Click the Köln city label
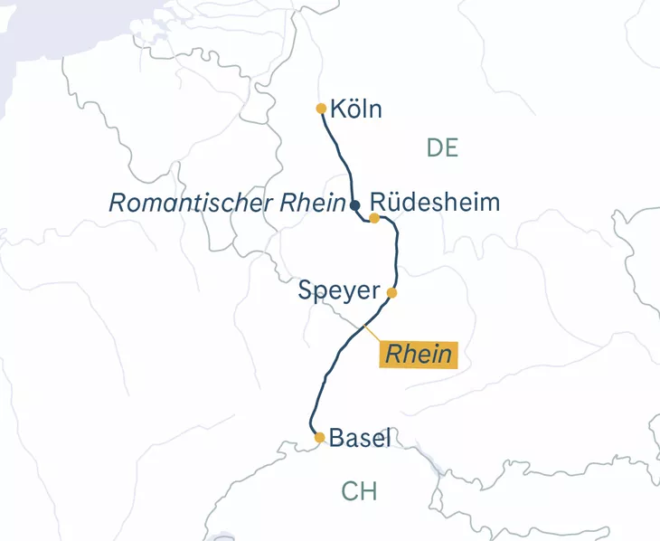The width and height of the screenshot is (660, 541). coord(356,110)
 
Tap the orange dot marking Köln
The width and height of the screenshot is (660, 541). coord(321,109)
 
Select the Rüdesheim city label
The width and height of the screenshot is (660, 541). coord(435,202)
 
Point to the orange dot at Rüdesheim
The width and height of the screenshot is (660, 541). coord(374,218)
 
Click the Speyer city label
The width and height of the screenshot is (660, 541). coord(338,291)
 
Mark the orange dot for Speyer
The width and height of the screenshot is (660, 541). coord(391,292)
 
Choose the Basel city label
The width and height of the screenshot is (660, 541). coord(360,439)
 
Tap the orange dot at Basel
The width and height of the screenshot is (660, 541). coord(319,438)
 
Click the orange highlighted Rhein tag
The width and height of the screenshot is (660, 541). coord(418,354)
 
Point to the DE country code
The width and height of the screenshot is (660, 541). coord(442,147)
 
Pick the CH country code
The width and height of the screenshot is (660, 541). coord(359,491)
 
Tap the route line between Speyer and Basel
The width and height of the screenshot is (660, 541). coord(325,371)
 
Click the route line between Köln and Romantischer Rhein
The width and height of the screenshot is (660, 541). coord(340,154)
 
